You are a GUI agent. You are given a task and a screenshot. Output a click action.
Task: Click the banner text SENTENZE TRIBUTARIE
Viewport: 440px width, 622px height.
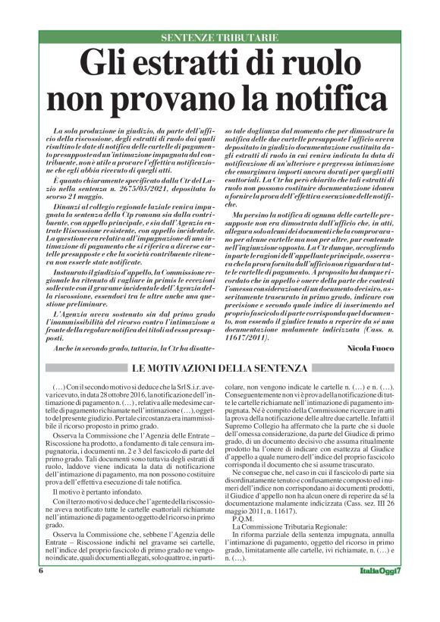(x=219, y=37)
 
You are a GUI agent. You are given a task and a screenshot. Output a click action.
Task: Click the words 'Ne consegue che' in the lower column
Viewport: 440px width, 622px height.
(x=259, y=473)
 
